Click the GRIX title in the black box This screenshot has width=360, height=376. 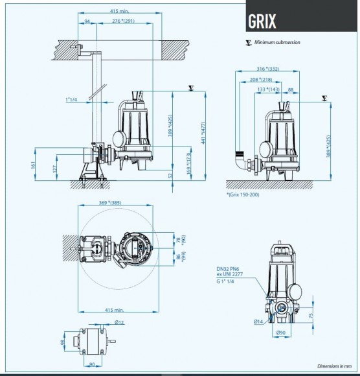[262, 21]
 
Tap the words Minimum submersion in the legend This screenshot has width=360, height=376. [277, 43]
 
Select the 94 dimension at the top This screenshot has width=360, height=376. [87, 21]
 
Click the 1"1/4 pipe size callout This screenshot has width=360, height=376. [72, 100]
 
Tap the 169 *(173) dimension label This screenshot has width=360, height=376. [188, 159]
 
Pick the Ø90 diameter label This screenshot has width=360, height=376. [281, 333]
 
